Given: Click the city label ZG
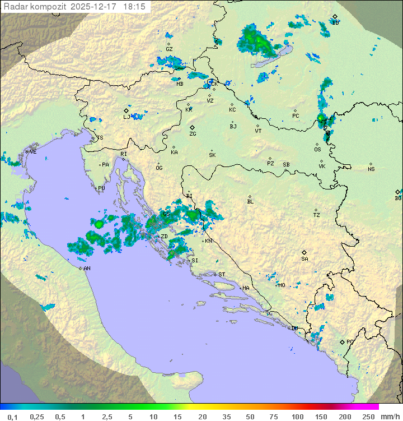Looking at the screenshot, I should click(x=193, y=134).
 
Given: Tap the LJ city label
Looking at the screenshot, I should click(x=126, y=117).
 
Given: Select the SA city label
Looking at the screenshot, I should click(x=304, y=258).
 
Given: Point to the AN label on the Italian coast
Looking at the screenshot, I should click(x=87, y=269).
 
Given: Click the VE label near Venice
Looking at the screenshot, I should click(x=33, y=152).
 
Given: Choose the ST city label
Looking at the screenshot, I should click(x=222, y=275).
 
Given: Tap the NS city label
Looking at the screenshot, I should click(x=371, y=169).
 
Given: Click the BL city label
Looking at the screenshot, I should click(x=250, y=201).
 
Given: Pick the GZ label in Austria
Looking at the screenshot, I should click(x=169, y=49).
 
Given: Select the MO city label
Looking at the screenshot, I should click(x=282, y=285).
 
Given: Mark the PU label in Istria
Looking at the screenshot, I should click(x=101, y=188).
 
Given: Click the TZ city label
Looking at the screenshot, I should click(x=317, y=215).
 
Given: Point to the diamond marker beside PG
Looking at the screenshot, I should click(x=342, y=341).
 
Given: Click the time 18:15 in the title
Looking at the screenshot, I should click(x=135, y=7).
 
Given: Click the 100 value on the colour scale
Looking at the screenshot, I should click(x=297, y=417).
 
